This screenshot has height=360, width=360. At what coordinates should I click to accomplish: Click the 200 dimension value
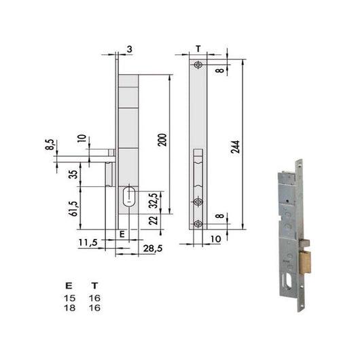click(x=161, y=141)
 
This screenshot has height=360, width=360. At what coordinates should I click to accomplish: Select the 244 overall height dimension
click(x=235, y=143)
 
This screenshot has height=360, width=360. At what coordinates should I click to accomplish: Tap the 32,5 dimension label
click(x=155, y=202)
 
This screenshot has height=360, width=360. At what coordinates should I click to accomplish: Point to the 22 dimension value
click(x=155, y=220)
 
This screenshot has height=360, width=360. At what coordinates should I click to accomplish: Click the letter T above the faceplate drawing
click(x=197, y=49)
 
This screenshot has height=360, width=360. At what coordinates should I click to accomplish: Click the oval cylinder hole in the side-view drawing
click(x=128, y=198)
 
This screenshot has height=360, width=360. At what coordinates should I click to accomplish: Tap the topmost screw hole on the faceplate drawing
click(x=197, y=65)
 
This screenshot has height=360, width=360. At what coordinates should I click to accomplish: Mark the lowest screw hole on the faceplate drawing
click(x=197, y=224)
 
